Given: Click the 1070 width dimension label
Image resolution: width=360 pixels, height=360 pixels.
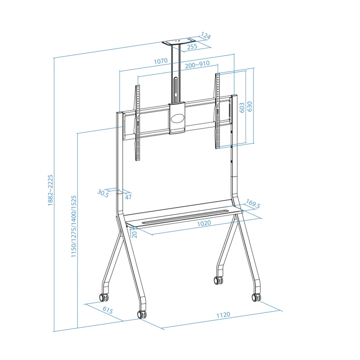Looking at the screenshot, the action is point(161,61).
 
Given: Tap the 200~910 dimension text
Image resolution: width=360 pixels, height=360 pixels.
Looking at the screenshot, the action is point(197,64).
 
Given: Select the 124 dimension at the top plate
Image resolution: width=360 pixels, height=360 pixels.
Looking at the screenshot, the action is point(206,36).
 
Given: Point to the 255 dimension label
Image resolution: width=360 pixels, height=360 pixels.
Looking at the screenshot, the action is point(192,47).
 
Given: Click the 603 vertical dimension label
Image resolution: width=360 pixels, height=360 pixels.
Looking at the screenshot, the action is point(242,108).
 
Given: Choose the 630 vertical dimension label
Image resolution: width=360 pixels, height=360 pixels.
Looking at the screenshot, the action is point(249,106).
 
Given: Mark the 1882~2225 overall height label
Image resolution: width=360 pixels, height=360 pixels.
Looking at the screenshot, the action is point(50,190).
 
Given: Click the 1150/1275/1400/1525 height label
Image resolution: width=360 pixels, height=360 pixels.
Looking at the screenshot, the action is point(73,226).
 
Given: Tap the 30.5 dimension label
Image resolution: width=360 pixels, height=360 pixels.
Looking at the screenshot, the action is point(103,193).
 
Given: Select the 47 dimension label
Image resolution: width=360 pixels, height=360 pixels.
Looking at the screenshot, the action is point(128,197).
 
